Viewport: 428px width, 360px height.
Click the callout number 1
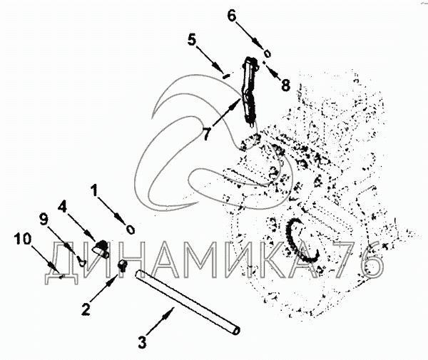point(94,190)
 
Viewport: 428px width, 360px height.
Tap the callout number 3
point(142,341)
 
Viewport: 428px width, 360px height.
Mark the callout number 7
point(206,133)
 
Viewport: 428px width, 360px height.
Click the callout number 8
point(285,85)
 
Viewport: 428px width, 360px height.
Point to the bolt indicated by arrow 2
point(121,267)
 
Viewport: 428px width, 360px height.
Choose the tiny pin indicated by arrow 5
point(225,73)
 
